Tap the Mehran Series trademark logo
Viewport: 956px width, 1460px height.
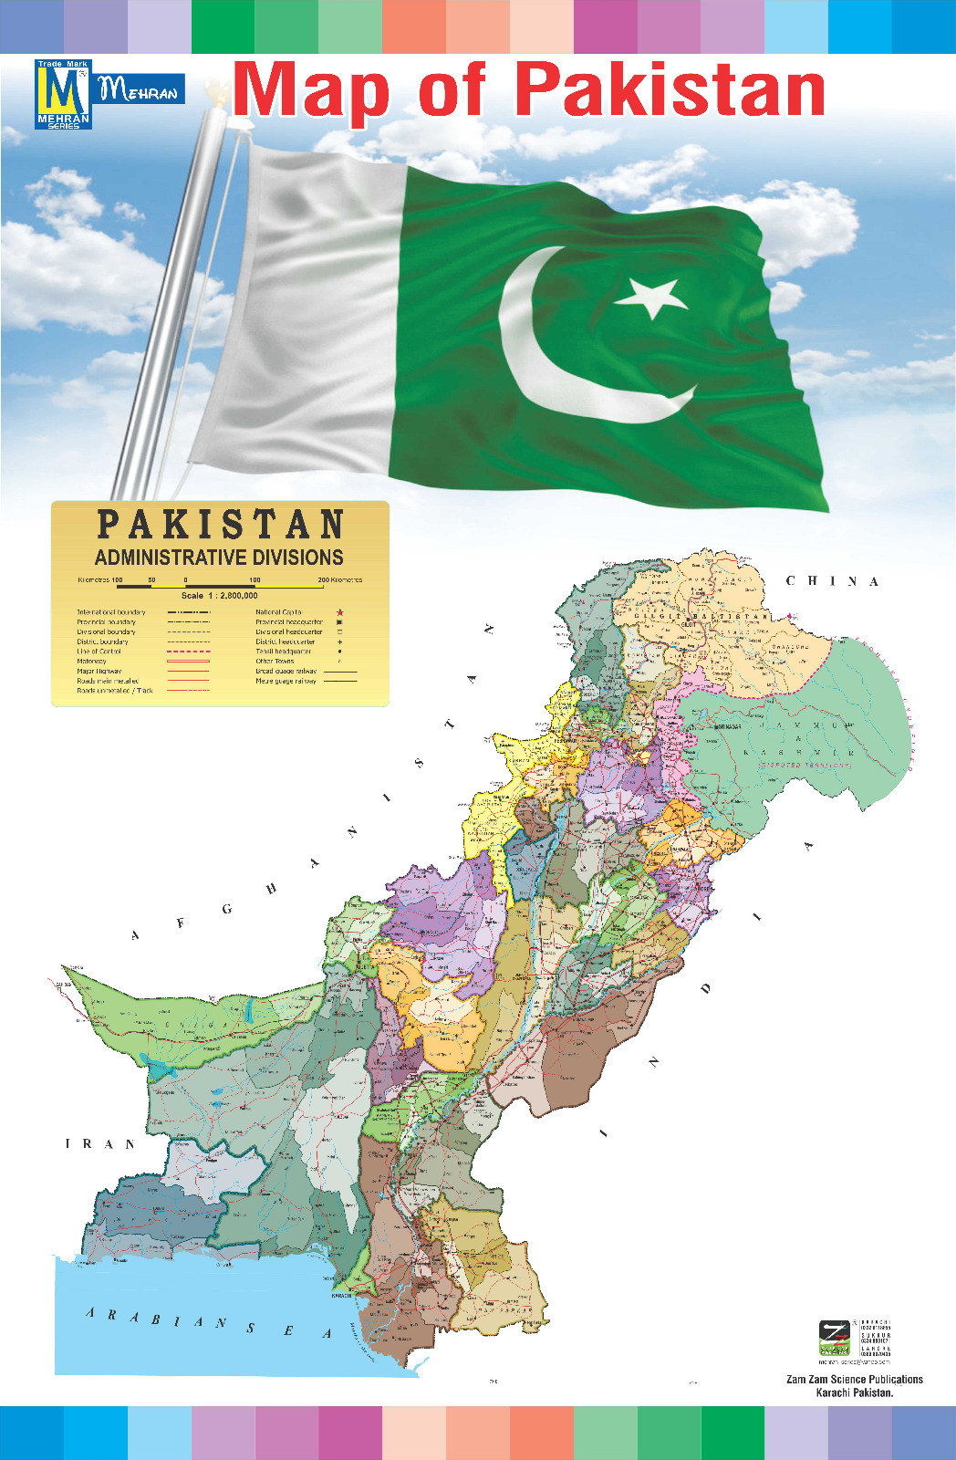(x=63, y=95)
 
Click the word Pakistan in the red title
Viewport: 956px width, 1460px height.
(x=670, y=90)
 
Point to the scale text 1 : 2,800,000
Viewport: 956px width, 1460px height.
(x=219, y=595)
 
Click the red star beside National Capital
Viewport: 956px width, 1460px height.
(x=340, y=612)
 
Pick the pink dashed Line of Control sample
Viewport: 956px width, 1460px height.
(x=189, y=652)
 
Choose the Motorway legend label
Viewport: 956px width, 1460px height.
(x=91, y=662)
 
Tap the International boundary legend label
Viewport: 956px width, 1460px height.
(x=111, y=612)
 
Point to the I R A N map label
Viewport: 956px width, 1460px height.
(x=100, y=1143)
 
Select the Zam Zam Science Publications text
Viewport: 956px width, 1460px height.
(x=855, y=1380)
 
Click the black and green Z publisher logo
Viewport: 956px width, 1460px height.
(x=834, y=1337)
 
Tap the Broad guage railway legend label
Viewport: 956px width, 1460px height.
(x=286, y=671)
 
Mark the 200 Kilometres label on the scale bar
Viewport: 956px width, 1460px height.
(x=339, y=579)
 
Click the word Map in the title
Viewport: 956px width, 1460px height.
(x=312, y=91)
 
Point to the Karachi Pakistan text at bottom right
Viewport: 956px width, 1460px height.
(x=855, y=1393)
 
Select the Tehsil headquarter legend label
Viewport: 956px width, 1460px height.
(x=283, y=652)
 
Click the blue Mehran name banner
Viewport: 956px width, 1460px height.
(x=140, y=89)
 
